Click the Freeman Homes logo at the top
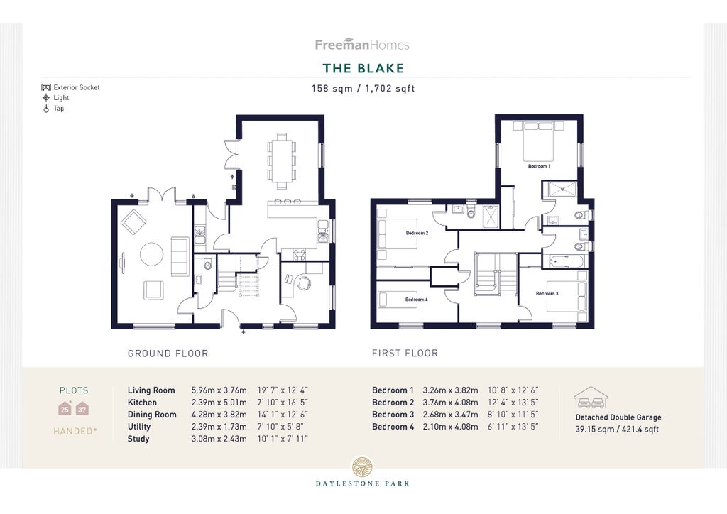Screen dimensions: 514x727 362,45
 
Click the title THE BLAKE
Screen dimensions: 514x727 363,68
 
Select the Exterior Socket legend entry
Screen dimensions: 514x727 70,87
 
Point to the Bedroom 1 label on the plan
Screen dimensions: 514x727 539,166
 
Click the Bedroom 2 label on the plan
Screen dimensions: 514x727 417,233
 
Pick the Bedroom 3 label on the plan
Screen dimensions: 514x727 547,293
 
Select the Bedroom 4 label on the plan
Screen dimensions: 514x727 416,300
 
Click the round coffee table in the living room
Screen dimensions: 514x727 152,254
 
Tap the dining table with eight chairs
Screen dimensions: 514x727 281,160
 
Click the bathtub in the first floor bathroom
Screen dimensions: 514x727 564,261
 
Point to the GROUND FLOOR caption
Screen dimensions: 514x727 168,353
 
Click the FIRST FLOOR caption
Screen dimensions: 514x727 405,353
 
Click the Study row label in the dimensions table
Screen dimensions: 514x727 138,439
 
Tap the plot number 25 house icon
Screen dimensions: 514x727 65,408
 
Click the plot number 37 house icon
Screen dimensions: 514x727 82,408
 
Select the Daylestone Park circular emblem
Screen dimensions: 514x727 363,466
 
